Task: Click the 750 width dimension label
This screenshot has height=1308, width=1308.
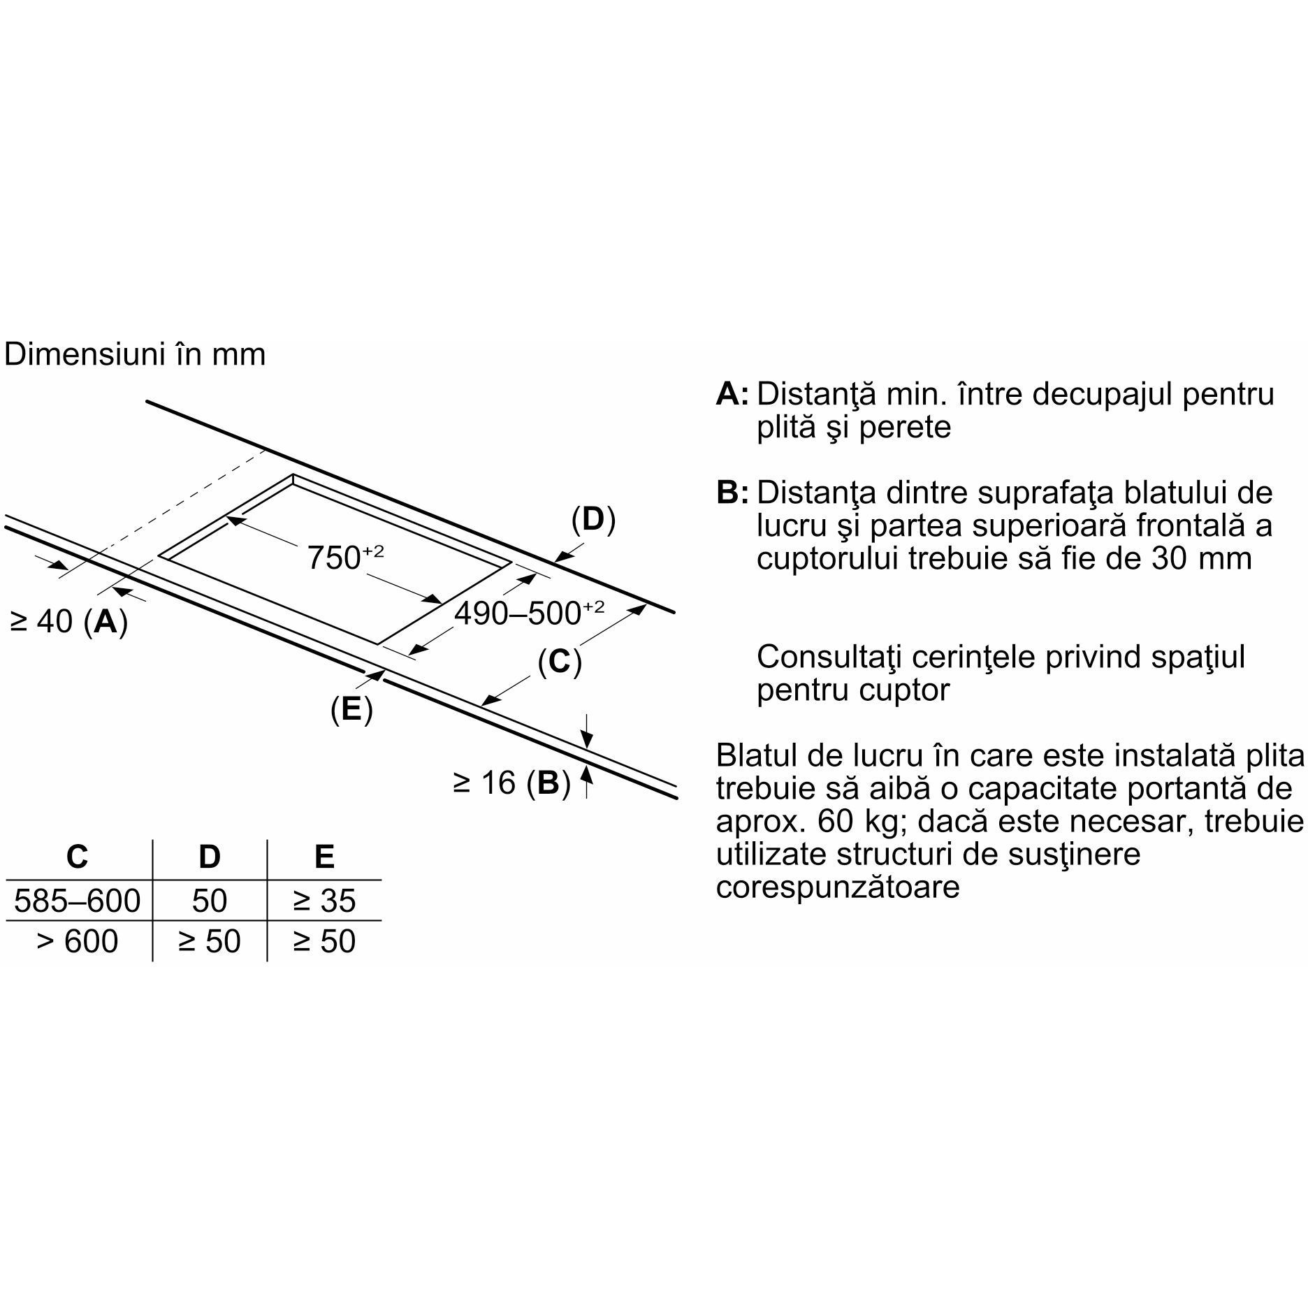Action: tap(346, 557)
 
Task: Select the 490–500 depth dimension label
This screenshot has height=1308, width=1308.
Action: tap(529, 613)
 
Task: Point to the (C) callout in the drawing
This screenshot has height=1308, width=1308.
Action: tap(560, 662)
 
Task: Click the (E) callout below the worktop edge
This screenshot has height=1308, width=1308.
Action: tap(351, 709)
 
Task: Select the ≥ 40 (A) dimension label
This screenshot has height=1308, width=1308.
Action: tap(69, 621)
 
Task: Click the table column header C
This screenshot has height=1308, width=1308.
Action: tap(77, 857)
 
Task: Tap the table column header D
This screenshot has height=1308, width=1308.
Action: tap(210, 857)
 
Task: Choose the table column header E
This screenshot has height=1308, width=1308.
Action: tap(325, 857)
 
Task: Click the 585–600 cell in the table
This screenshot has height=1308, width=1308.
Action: tap(78, 901)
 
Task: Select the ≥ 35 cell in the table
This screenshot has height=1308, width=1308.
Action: tap(325, 901)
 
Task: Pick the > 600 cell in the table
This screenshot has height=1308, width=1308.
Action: tap(78, 942)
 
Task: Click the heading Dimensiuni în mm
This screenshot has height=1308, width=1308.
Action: tap(135, 354)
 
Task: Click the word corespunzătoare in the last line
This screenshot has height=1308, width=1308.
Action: tap(838, 887)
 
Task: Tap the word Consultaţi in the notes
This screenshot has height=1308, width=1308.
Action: tap(827, 657)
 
